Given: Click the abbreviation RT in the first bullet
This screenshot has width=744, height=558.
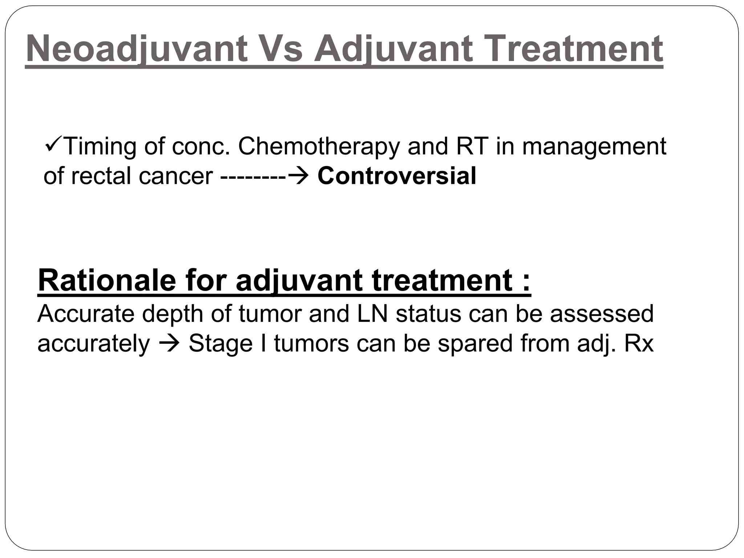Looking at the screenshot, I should (x=472, y=146).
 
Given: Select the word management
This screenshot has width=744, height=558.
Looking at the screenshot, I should (x=594, y=146).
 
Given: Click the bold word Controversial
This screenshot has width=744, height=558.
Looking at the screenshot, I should (x=397, y=176).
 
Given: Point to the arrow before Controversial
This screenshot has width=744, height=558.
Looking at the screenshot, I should (x=298, y=177).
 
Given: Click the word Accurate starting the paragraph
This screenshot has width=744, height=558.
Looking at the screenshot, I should (x=86, y=314).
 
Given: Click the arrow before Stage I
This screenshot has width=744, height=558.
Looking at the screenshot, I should (x=169, y=344).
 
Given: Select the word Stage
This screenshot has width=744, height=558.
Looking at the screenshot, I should (x=221, y=344).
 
